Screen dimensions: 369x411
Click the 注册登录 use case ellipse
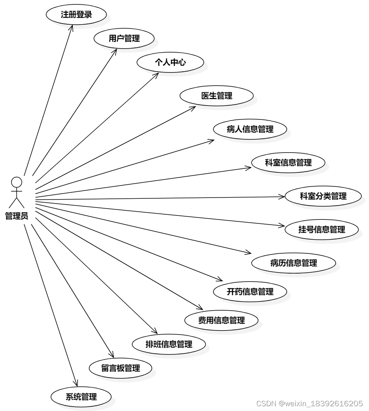(x=76, y=15)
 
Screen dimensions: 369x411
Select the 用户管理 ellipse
(x=124, y=39)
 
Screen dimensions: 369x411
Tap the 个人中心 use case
(x=170, y=62)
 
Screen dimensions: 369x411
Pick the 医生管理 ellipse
(x=217, y=96)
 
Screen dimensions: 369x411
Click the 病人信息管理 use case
(x=250, y=129)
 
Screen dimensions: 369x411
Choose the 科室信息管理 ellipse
(x=288, y=162)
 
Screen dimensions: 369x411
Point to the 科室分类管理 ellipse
(x=323, y=196)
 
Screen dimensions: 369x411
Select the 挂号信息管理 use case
(x=322, y=229)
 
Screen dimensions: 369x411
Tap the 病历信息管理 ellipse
(x=293, y=263)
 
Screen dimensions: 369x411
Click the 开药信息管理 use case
(x=250, y=292)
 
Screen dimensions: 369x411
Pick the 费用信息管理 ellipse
(x=221, y=320)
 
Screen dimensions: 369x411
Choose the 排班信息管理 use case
(x=169, y=344)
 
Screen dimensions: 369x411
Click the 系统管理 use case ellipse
(x=81, y=397)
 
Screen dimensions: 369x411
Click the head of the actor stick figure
(x=16, y=182)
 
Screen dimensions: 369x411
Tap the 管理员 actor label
(x=16, y=216)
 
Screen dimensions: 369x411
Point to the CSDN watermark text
(x=309, y=403)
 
